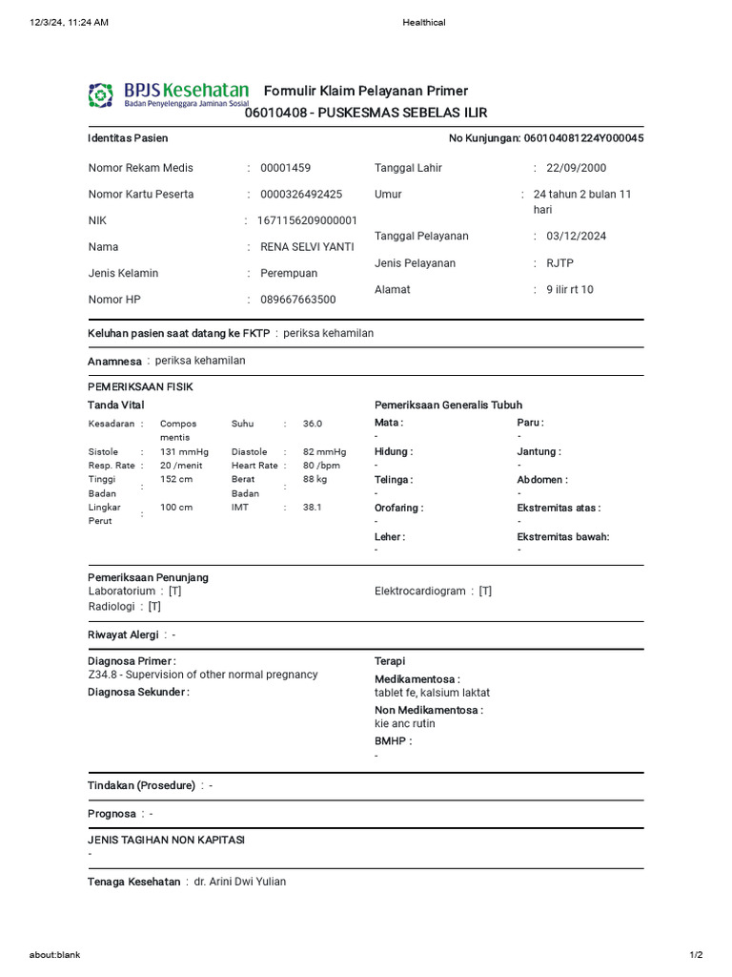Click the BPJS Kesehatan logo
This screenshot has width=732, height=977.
click(168, 94)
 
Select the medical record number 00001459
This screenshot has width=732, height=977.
click(285, 168)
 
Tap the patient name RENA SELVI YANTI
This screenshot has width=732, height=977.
click(307, 247)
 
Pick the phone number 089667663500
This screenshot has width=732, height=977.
click(297, 300)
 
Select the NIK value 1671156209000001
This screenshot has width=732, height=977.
click(307, 220)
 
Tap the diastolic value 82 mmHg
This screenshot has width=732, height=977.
click(324, 452)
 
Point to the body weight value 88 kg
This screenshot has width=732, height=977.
click(315, 480)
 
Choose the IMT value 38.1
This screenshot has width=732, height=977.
click(313, 508)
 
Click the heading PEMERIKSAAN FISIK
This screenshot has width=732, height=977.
click(140, 387)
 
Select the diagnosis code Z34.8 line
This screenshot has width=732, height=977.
click(202, 675)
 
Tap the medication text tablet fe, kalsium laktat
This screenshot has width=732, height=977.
click(432, 693)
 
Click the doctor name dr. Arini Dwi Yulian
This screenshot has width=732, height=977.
click(239, 882)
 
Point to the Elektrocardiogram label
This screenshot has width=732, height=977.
click(420, 592)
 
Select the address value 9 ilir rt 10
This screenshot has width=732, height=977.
click(569, 290)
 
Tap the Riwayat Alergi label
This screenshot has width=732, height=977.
click(123, 634)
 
